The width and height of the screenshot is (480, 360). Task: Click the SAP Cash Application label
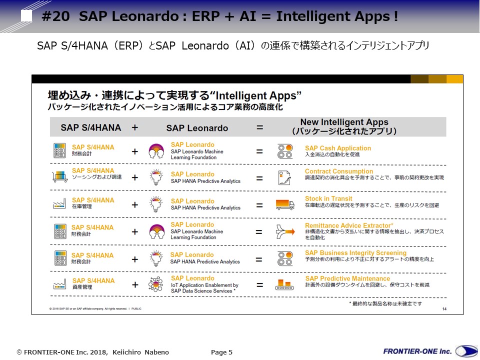tap(338, 148)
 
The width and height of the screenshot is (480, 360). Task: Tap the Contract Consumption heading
tap(339, 171)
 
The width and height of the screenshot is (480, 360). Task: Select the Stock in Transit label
tap(328, 198)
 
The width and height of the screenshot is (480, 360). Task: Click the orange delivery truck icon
tap(285, 204)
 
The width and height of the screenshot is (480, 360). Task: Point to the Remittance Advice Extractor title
tap(349, 225)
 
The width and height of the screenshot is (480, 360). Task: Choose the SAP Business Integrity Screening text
tap(355, 253)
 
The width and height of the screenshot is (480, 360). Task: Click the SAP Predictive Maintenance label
tap(347, 278)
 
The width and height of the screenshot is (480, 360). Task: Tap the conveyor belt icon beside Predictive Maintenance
tap(285, 284)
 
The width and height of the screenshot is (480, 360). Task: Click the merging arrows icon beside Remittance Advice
tap(285, 232)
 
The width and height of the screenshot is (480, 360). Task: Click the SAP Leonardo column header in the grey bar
tap(197, 128)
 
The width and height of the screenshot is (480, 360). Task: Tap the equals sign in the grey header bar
tap(259, 127)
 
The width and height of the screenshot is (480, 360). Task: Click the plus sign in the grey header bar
tap(134, 127)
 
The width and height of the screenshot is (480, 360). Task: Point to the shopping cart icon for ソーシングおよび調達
tap(59, 176)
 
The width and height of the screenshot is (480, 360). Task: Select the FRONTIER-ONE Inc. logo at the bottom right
tap(430, 351)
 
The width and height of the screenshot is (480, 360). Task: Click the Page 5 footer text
tap(221, 352)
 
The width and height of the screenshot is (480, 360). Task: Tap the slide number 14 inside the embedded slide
tap(444, 309)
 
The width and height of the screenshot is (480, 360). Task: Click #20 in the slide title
tap(55, 16)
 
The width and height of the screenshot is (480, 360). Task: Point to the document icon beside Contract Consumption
tap(285, 177)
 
